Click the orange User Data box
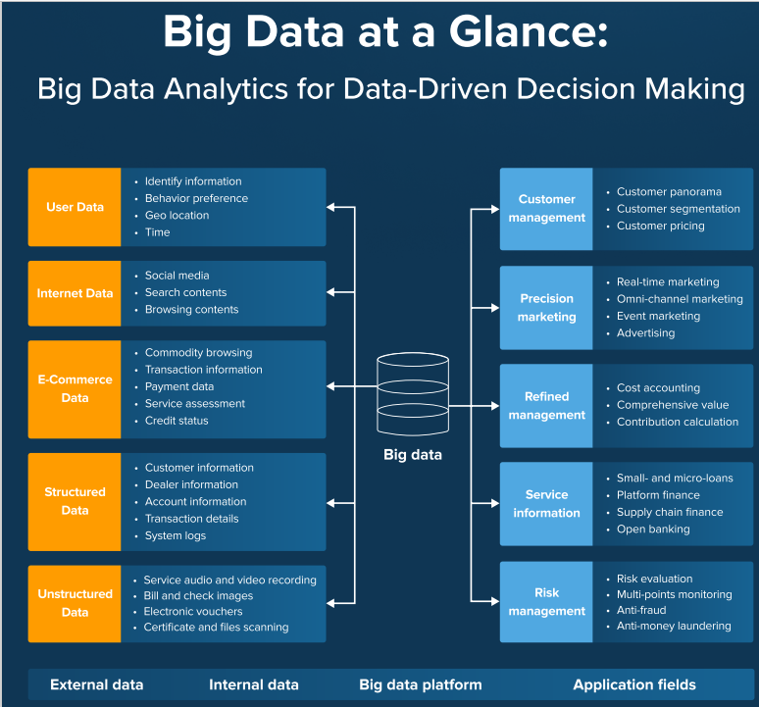tap(76, 207)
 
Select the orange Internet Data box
tap(76, 292)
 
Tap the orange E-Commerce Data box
tap(76, 388)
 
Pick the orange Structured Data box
tap(76, 500)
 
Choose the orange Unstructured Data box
tap(76, 603)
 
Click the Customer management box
tap(546, 209)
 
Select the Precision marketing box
tap(546, 307)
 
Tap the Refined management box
tap(546, 405)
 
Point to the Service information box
tap(546, 503)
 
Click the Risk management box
tap(546, 601)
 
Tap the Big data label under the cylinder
tap(412, 454)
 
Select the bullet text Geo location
tap(177, 216)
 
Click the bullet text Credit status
tap(177, 421)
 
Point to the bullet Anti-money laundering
tap(674, 626)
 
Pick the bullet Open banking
tap(653, 530)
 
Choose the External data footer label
tap(96, 684)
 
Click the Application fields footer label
tap(634, 684)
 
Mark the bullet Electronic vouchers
tap(193, 611)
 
